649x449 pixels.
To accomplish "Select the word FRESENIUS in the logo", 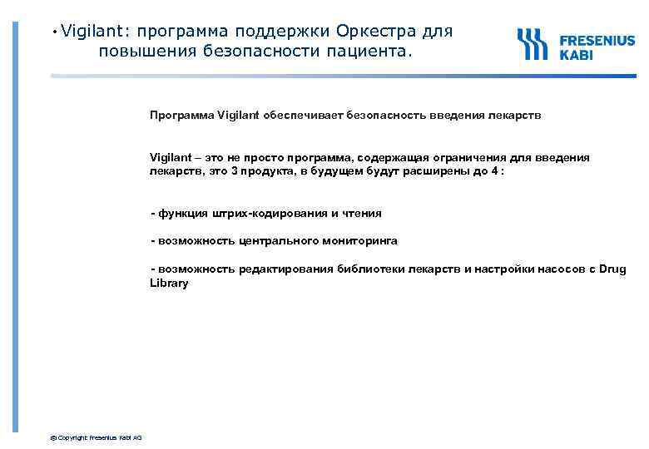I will [x=597, y=41].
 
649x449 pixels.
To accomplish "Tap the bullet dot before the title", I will [x=52, y=32].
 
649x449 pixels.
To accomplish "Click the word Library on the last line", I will [x=169, y=283].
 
